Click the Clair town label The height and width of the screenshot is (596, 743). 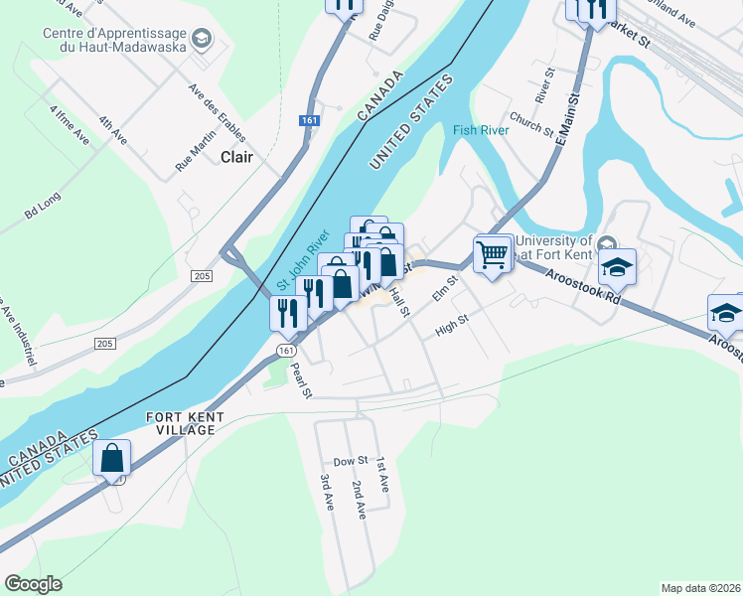236,157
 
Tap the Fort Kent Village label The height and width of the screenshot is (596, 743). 180,423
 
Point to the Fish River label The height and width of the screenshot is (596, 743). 481,130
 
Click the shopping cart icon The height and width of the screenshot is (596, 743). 493,254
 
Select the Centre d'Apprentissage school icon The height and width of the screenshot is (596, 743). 203,39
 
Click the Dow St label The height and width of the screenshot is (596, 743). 351,461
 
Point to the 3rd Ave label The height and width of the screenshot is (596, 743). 326,493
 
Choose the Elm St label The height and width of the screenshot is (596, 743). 442,289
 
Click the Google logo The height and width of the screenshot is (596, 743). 33,584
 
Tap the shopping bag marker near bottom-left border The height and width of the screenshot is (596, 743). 112,460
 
